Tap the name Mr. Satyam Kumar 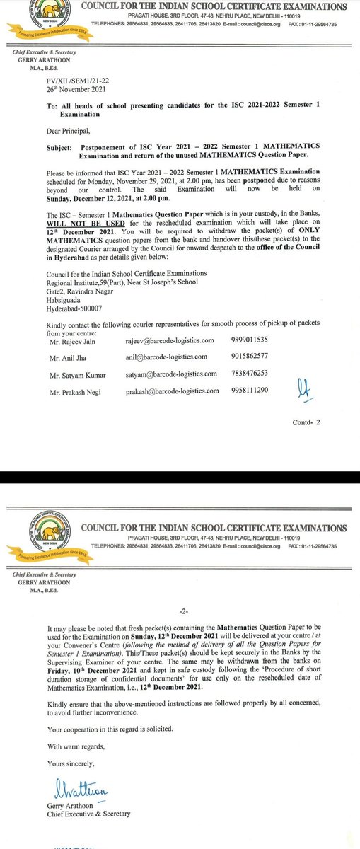click(x=69, y=373)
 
